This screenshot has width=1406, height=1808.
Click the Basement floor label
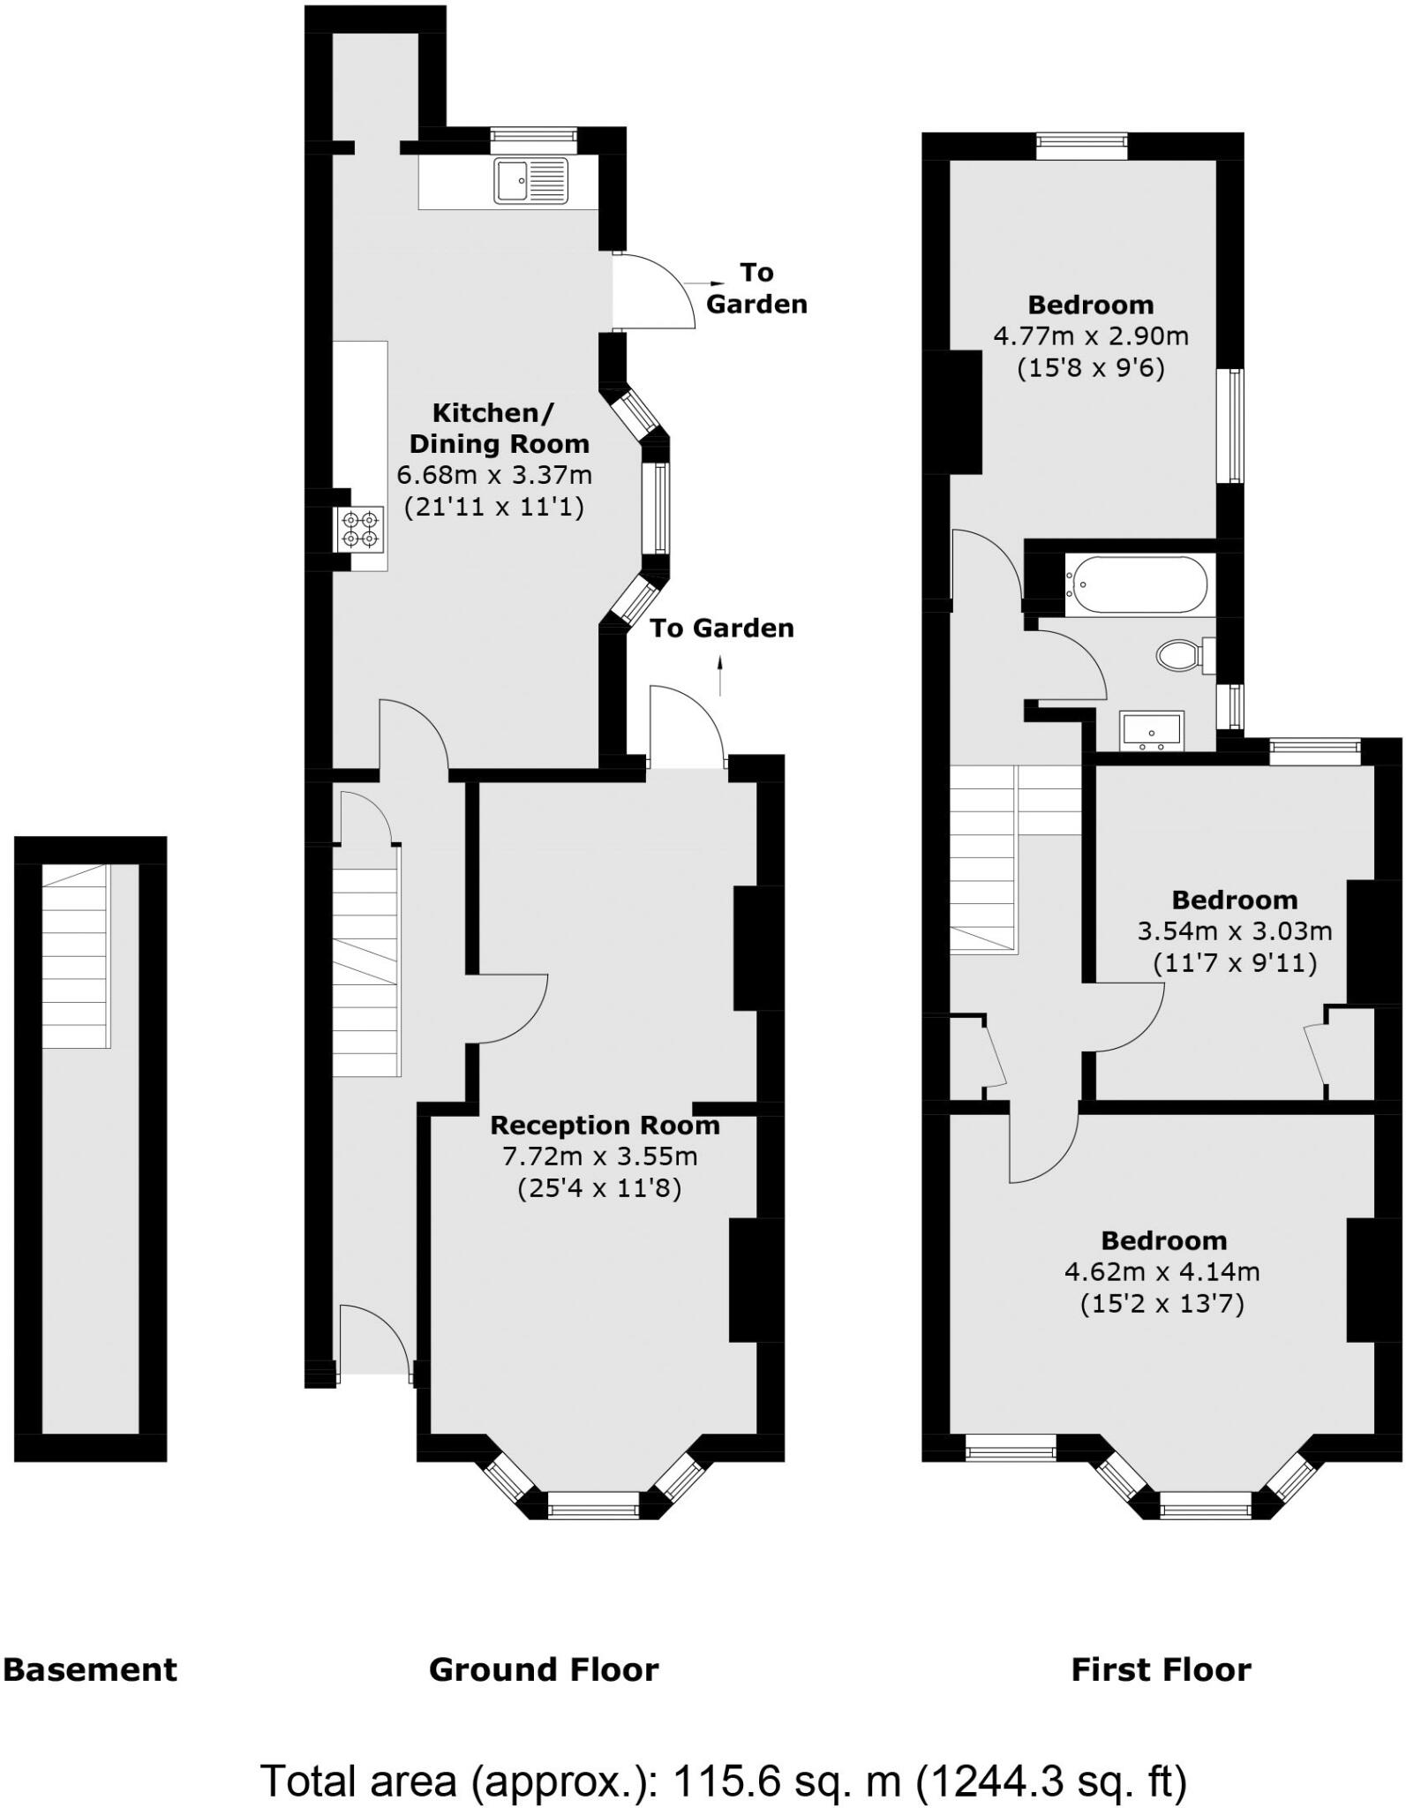click(90, 1670)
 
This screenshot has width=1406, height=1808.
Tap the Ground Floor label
click(544, 1670)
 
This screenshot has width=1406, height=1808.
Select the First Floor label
click(1161, 1670)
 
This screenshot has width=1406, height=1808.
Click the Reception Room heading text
click(605, 1126)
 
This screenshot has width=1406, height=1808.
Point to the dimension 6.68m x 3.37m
click(494, 476)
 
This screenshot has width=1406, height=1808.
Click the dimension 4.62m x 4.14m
click(1162, 1272)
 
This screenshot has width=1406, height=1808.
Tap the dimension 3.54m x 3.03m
click(1235, 930)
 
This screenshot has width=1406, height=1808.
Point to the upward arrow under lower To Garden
click(721, 677)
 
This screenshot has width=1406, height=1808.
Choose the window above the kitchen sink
click(533, 136)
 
